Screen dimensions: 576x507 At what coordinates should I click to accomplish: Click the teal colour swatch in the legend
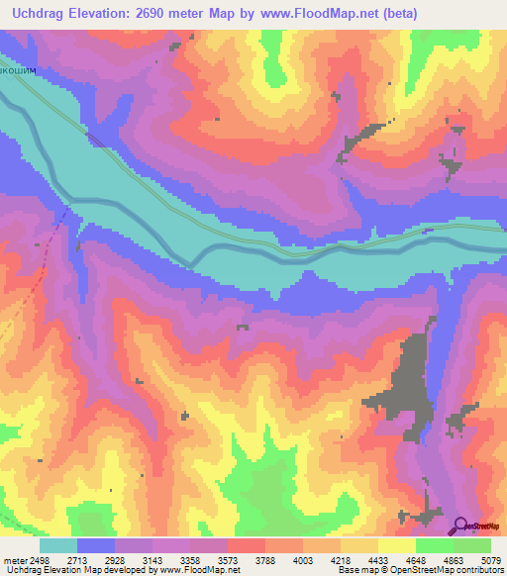[58, 545]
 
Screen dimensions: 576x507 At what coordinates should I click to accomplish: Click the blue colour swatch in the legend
[96, 545]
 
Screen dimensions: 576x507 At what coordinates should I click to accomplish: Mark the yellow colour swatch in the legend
[397, 545]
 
